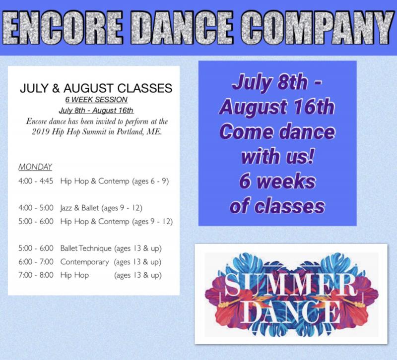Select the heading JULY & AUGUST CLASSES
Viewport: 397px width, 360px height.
(x=96, y=89)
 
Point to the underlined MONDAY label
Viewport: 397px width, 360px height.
(x=35, y=167)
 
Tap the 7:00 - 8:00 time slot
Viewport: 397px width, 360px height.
(x=36, y=275)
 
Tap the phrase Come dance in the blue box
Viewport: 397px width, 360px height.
(x=277, y=133)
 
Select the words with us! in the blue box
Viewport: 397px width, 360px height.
(x=277, y=157)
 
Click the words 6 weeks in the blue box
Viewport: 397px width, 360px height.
(x=277, y=181)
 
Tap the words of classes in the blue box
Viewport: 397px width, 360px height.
(x=277, y=205)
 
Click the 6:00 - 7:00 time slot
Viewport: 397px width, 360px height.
(x=36, y=261)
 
